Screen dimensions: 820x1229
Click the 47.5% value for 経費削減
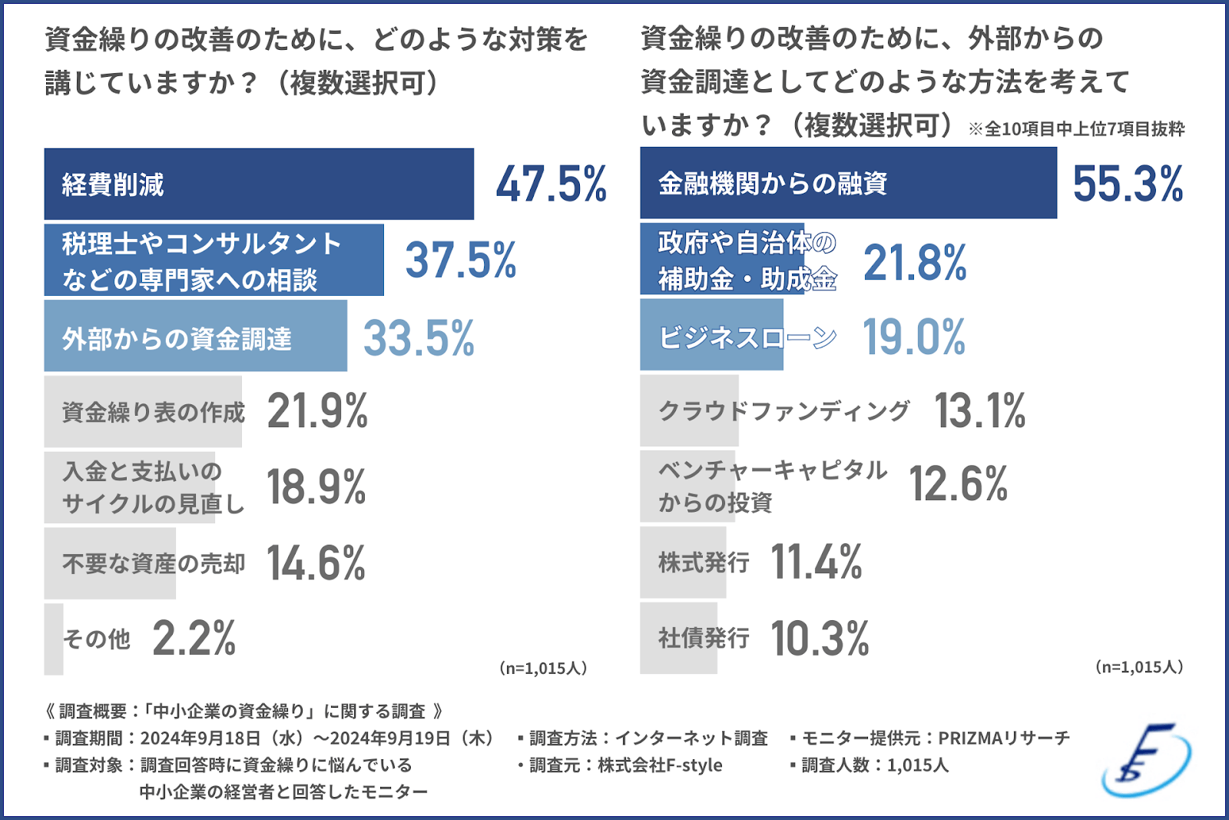551,184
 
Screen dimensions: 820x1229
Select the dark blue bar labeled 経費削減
259,184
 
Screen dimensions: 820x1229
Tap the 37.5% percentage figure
460,261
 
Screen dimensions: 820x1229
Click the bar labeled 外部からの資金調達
195,337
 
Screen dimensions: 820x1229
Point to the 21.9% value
317,411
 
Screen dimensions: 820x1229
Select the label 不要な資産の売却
154,564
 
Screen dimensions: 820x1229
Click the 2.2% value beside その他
194,639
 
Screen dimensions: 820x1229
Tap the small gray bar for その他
54,639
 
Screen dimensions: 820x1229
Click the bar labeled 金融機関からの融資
848,184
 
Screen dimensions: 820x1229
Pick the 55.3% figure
1127,184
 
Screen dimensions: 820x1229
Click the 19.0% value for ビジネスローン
913,337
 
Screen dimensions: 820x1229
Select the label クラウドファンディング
784,411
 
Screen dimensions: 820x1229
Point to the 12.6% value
958,484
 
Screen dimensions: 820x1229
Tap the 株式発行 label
704,563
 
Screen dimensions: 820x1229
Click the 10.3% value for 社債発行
820,639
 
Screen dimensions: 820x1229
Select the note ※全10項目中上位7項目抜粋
1076,129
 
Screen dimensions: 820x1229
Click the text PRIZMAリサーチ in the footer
1003,739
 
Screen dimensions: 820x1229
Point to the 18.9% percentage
316,487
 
